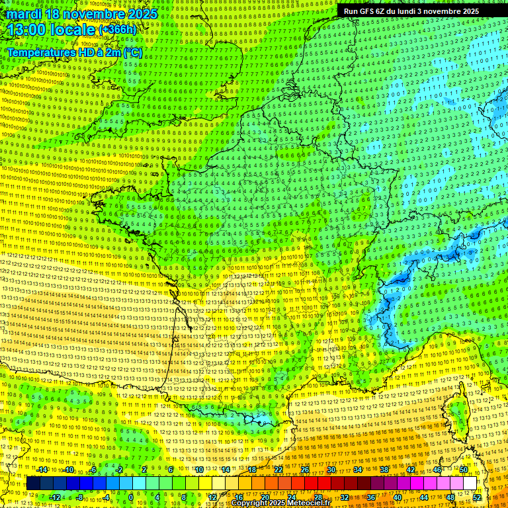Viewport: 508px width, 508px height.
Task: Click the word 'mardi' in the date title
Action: click(x=24, y=13)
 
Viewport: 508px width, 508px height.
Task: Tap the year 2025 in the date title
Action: click(x=140, y=13)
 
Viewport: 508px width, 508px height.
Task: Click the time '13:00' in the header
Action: click(x=29, y=30)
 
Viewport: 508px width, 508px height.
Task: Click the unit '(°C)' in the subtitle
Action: click(x=132, y=52)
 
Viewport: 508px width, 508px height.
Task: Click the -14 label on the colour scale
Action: click(x=42, y=470)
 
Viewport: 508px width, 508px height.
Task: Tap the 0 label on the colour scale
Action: click(x=131, y=497)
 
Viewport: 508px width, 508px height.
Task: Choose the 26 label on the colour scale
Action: click(x=305, y=470)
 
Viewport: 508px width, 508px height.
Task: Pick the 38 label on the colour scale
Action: click(x=384, y=470)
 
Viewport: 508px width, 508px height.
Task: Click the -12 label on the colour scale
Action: click(x=55, y=497)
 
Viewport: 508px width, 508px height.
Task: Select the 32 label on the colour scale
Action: click(x=345, y=497)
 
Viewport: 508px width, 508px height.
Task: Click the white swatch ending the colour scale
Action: click(x=470, y=484)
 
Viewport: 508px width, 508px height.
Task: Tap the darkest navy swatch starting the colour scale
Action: click(x=33, y=484)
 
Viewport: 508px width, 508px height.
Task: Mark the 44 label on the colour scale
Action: click(x=424, y=497)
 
